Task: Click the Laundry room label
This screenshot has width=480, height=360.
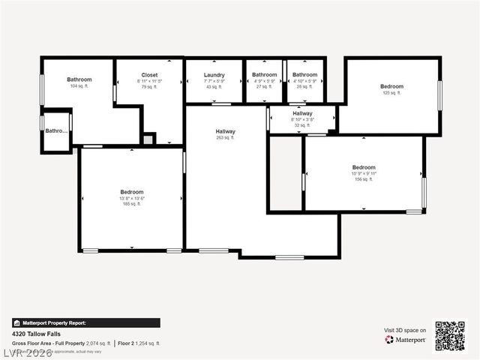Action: (214, 75)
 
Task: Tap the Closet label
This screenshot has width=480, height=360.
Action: (149, 75)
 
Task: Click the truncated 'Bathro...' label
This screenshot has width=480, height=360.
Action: (56, 131)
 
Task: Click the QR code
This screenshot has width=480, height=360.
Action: (450, 336)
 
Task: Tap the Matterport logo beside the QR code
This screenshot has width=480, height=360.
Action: (406, 340)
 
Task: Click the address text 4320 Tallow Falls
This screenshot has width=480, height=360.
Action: (36, 334)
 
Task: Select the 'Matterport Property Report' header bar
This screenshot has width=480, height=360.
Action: (85, 323)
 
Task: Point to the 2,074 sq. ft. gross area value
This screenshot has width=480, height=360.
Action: (99, 343)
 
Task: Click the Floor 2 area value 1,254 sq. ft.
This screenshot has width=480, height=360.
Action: (148, 343)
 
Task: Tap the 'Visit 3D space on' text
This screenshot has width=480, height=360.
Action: (405, 330)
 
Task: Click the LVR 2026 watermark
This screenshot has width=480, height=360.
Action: (28, 352)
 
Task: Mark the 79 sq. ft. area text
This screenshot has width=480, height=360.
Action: (149, 87)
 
